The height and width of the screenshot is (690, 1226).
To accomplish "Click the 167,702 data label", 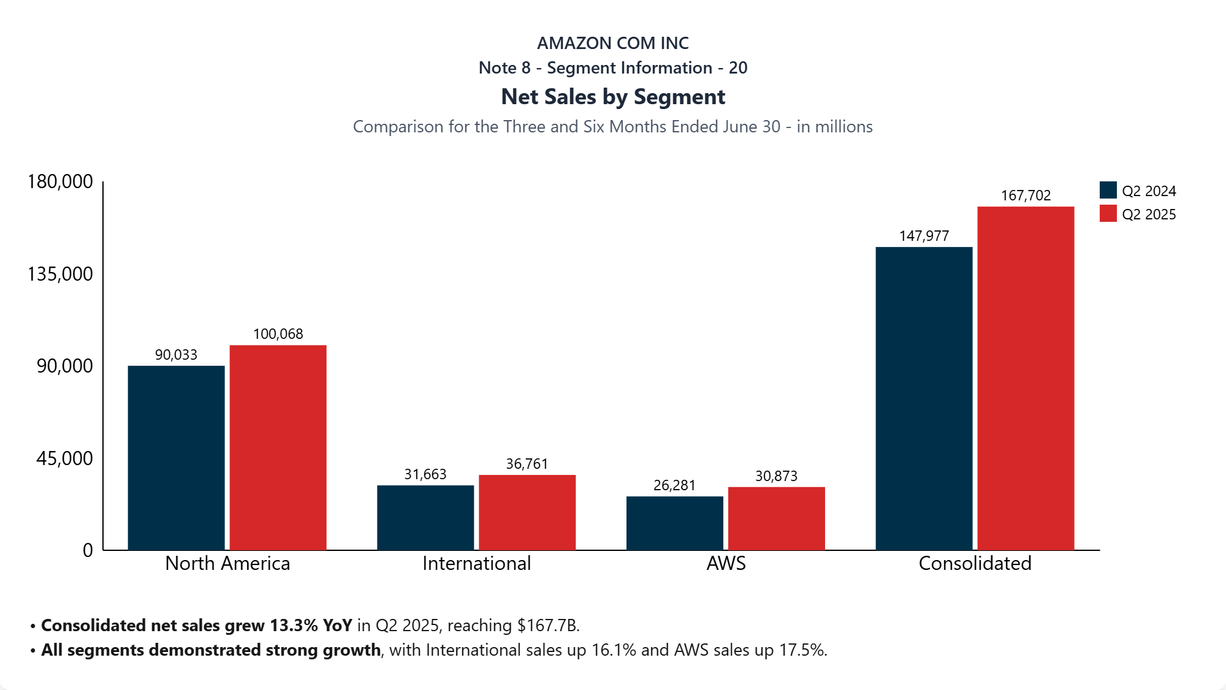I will click(x=1026, y=195).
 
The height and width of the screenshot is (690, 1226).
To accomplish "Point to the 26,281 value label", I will click(x=674, y=485).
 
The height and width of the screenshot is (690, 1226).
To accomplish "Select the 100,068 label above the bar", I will click(x=278, y=334).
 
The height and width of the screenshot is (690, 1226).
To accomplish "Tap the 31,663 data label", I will click(x=425, y=474).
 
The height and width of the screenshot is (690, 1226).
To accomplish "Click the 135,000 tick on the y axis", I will click(x=60, y=274).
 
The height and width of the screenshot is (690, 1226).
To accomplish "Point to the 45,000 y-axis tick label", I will click(x=64, y=458).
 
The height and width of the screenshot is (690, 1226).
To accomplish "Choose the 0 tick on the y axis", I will click(x=88, y=550).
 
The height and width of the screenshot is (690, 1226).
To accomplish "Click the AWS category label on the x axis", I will click(x=726, y=563).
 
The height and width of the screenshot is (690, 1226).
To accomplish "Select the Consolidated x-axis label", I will click(x=975, y=563).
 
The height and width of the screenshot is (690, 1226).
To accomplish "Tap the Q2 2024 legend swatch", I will click(x=1108, y=191).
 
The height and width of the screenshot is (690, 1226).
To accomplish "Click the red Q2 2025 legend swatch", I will click(x=1108, y=214).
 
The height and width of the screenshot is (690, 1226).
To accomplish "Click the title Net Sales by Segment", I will click(x=613, y=97).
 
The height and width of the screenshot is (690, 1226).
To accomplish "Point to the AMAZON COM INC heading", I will click(x=613, y=43).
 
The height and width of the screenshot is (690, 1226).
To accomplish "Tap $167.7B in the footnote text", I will click(x=547, y=626).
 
